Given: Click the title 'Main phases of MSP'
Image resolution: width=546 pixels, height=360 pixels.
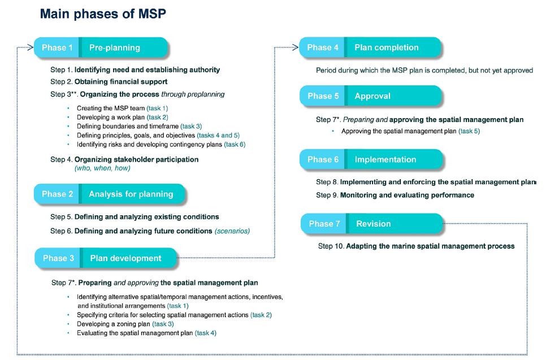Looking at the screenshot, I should [103, 14].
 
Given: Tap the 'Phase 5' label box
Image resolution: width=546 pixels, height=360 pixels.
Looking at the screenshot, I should [323, 96].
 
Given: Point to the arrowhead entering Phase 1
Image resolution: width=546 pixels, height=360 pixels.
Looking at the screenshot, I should [31, 48].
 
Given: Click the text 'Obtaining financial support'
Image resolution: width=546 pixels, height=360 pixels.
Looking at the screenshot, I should [121, 82].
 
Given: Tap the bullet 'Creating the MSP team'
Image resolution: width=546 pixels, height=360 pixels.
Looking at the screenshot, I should [111, 108].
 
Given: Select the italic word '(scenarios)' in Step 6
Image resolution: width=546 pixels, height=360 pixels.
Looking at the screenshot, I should [232, 231].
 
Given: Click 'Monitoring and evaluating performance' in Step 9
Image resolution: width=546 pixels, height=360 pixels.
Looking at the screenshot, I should [407, 195].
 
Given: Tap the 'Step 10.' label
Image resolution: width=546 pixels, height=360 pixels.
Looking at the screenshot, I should [331, 246].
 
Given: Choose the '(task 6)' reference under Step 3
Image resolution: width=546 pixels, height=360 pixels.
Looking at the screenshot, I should [235, 144].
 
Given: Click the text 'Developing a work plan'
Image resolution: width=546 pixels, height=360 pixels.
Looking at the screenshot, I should [110, 117].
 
